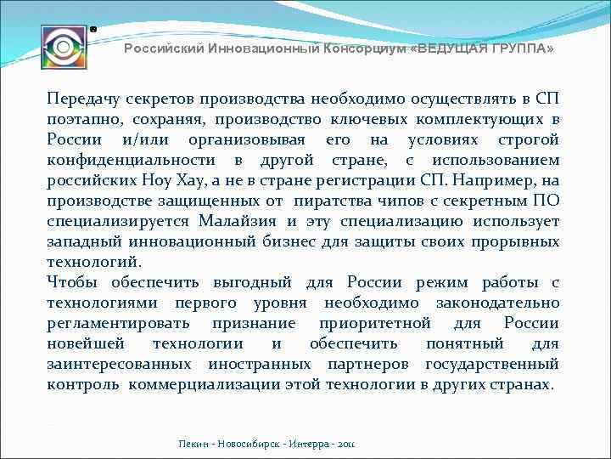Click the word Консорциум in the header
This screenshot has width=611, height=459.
coord(365,49)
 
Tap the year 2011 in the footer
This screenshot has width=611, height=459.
coord(347,444)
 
